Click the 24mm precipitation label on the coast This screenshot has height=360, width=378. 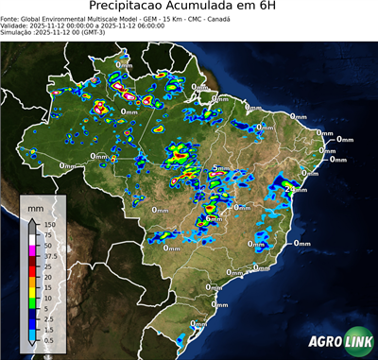293,189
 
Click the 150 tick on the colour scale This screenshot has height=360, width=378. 49,225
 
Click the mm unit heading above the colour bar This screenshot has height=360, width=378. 35,206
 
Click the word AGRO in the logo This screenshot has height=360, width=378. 325,342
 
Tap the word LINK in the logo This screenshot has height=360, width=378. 357,342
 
